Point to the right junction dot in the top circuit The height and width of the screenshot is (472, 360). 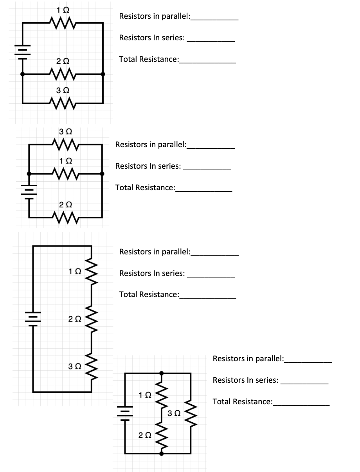pos(103,74)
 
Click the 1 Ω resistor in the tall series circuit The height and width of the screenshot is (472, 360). pos(92,271)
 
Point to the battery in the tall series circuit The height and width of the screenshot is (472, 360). pos(33,318)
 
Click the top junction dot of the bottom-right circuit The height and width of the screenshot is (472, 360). pos(162,373)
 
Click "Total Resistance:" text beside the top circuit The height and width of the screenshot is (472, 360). pos(149,59)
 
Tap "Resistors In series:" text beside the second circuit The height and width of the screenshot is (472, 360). pos(148,166)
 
